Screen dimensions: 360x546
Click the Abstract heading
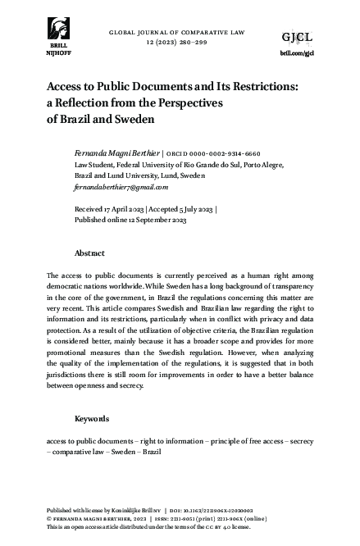point(89,253)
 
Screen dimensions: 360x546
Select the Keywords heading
point(92,419)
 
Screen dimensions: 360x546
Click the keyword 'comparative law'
point(84,452)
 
